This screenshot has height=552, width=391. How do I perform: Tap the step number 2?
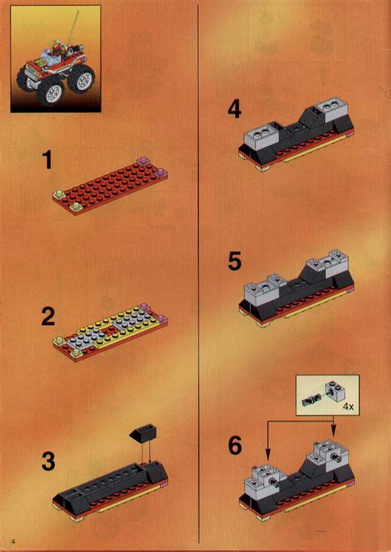[x=47, y=316]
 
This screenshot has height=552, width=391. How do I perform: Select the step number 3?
[x=48, y=463]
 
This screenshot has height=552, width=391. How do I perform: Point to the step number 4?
[x=233, y=110]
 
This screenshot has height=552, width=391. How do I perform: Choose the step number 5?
[x=234, y=263]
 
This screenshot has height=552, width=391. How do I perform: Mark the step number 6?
[x=234, y=446]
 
